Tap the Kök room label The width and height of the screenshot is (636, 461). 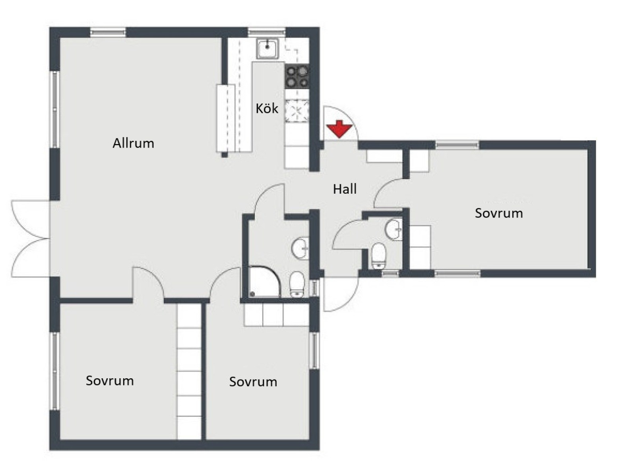267,108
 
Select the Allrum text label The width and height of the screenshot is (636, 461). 133,143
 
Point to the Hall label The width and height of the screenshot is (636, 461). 345,189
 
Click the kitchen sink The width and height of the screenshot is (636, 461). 267,49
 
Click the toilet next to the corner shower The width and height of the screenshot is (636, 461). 297,284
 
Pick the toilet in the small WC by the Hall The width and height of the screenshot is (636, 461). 378,255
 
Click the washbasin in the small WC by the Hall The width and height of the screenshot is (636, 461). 394,229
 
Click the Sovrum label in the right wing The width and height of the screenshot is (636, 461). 498,213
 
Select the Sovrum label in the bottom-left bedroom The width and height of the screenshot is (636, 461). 110,381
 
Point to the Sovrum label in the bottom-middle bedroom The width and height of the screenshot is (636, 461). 253,382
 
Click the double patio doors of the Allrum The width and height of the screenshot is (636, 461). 30,239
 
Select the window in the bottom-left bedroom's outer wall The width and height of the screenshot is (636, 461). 55,371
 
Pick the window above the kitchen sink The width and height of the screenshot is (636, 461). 267,32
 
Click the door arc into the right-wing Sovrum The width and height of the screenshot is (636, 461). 388,193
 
